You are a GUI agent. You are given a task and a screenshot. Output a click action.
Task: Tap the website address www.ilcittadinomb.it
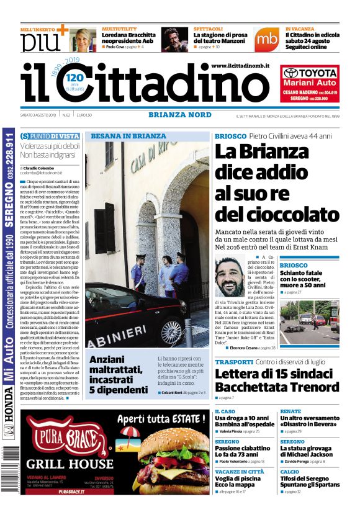(x=240, y=65)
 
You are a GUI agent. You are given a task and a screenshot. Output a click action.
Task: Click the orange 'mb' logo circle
(x=266, y=38)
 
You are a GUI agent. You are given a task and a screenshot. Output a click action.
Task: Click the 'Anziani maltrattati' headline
(x=116, y=374)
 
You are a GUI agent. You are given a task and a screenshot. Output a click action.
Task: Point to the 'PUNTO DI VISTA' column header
(x=50, y=136)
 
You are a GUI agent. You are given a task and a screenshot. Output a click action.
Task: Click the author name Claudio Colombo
(x=39, y=168)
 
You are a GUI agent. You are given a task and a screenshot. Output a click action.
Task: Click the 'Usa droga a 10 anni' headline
(x=244, y=421)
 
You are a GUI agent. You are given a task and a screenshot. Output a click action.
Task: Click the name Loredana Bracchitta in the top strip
(x=128, y=37)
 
